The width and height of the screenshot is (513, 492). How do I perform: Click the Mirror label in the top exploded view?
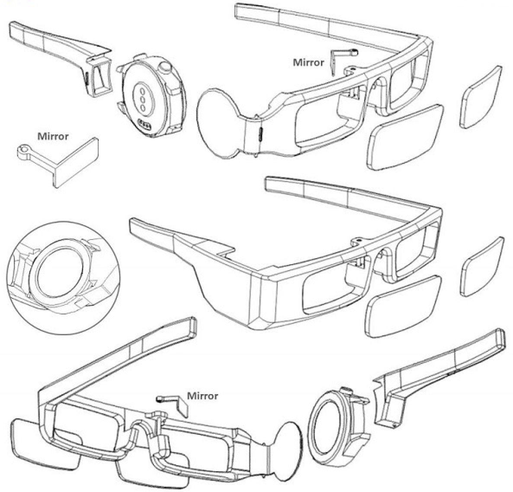coord(308,62)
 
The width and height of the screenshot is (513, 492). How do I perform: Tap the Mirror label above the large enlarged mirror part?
coord(53,136)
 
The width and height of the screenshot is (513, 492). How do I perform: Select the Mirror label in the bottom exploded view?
coord(202,396)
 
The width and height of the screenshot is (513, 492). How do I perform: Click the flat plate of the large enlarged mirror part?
coord(76,162)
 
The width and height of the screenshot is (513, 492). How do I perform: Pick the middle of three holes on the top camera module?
coord(143,98)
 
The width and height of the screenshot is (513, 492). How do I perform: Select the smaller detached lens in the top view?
coord(481,97)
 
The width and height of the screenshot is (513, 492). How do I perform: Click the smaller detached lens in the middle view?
coord(482,267)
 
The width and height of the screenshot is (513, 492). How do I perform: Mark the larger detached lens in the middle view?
coord(403,307)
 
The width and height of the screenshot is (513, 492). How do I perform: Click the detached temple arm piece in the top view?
coord(62,56)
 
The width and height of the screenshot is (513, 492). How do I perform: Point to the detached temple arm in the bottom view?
coord(439,377)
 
